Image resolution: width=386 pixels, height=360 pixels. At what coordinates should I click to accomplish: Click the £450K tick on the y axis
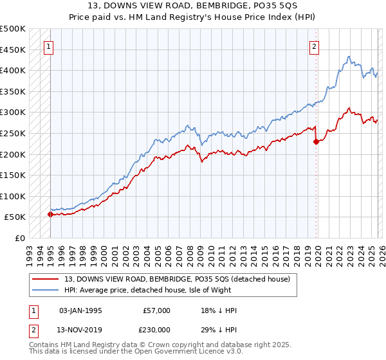tap(13, 50)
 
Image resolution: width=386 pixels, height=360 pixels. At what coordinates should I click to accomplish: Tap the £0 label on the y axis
tap(20, 238)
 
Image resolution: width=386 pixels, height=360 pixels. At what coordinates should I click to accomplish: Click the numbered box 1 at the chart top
tap(50, 46)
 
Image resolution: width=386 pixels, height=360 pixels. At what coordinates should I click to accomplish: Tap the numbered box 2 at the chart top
tap(314, 46)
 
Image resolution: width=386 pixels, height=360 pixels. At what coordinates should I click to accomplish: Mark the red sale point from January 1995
tap(50, 214)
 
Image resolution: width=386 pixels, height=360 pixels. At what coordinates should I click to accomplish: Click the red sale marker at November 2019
tap(316, 142)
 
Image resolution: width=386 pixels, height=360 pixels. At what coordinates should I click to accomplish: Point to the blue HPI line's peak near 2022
tap(347, 57)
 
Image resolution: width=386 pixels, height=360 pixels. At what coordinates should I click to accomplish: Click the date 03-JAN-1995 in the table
tap(80, 310)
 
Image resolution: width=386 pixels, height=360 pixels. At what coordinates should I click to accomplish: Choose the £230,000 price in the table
tap(156, 329)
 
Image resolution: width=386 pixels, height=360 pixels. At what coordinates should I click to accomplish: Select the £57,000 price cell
tap(156, 310)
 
